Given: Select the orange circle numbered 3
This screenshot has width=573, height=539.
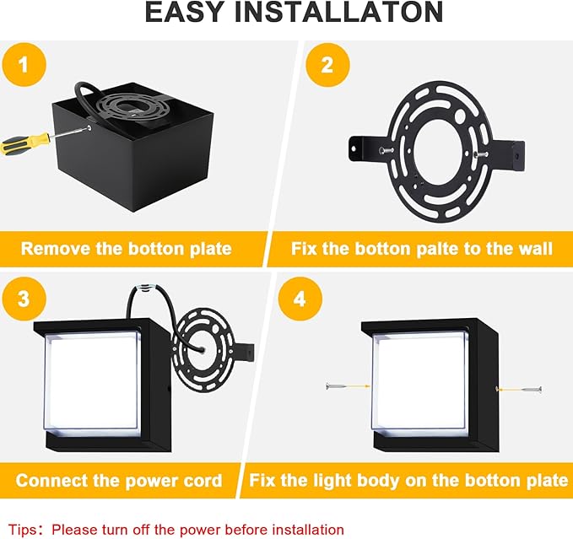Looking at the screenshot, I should tap(23, 298).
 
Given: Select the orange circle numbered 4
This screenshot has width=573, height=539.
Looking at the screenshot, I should tap(298, 298).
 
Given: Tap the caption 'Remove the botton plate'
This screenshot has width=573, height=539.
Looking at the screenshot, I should tap(126, 249).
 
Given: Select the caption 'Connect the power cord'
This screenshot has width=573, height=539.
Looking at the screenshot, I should tap(119, 481).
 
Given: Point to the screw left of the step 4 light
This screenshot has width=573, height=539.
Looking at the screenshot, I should tap(341, 386).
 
